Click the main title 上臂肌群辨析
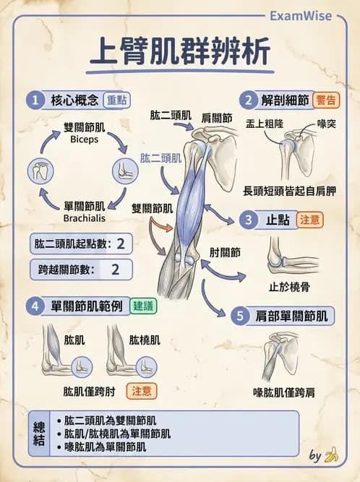pyautogui.click(x=180, y=53)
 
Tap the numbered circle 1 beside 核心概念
pyautogui.click(x=34, y=99)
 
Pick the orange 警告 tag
pyautogui.click(x=326, y=99)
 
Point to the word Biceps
pyautogui.click(x=85, y=139)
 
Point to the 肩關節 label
pyautogui.click(x=216, y=117)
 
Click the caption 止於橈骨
pyautogui.click(x=289, y=286)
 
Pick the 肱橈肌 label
pyautogui.click(x=145, y=339)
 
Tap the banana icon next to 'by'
pyautogui.click(x=332, y=455)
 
